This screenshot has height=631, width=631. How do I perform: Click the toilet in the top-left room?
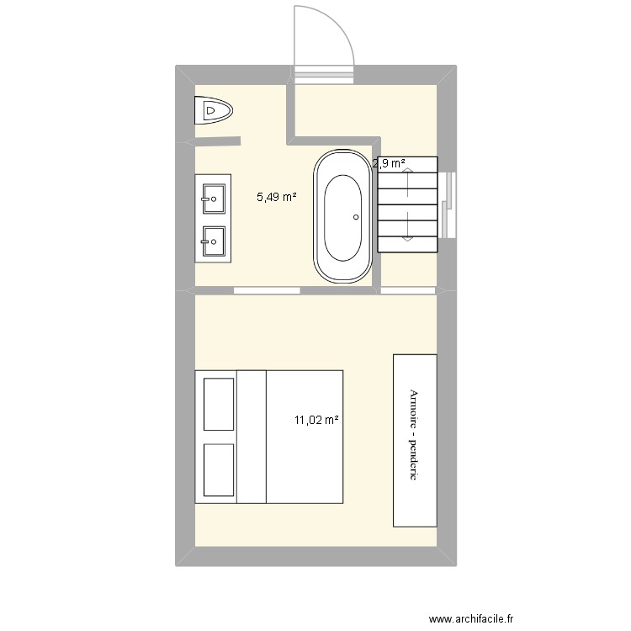click(214, 111)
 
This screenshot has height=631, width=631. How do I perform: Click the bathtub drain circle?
click(357, 217)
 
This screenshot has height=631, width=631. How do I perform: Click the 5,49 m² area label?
click(277, 198)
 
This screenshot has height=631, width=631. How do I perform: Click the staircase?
click(408, 204)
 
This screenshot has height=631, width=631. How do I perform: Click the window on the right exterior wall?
click(449, 204)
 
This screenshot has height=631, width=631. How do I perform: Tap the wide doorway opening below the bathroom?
click(267, 290)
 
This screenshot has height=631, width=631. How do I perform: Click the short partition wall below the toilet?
click(217, 141)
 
